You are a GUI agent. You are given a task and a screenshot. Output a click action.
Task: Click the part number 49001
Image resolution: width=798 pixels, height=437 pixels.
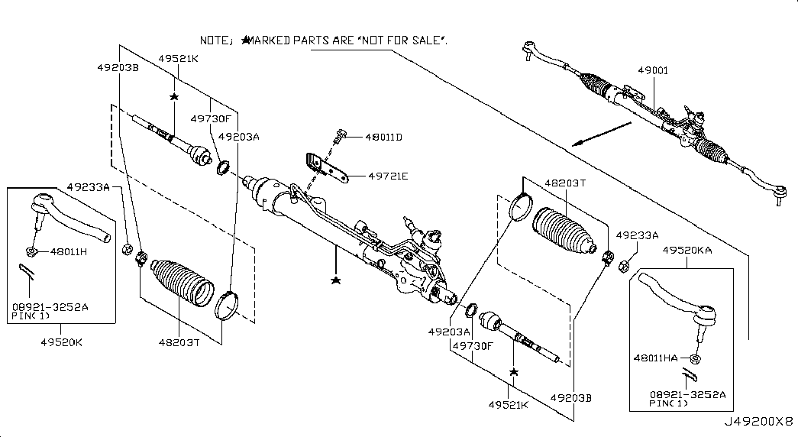[x=653, y=71]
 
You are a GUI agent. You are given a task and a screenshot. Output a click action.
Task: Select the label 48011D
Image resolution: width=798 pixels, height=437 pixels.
[x=383, y=138]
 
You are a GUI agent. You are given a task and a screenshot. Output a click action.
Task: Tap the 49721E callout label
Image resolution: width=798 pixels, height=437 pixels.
[x=388, y=176]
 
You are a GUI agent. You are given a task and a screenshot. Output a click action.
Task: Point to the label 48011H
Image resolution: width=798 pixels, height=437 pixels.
[x=69, y=251]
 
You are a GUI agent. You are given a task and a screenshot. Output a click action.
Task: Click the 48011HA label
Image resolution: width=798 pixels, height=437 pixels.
[x=655, y=358]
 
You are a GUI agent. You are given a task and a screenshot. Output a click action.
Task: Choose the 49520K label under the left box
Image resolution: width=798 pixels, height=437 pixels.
[x=62, y=342]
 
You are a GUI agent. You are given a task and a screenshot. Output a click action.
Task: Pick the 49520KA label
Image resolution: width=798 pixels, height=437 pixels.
[x=687, y=250]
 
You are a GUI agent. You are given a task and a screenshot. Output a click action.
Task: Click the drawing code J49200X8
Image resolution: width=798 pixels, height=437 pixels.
[x=759, y=422]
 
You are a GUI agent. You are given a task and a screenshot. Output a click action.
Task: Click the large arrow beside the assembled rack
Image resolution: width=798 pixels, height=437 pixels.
[x=601, y=134]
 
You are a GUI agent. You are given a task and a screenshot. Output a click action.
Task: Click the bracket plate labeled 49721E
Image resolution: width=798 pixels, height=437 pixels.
[x=327, y=167]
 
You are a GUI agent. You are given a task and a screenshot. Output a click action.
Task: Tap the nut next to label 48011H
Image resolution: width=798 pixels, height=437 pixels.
[x=31, y=251]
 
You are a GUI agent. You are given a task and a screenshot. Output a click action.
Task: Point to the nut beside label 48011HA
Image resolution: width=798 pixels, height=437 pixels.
[x=696, y=358]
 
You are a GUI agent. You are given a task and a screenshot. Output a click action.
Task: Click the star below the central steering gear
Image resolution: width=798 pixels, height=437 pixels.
[x=335, y=280]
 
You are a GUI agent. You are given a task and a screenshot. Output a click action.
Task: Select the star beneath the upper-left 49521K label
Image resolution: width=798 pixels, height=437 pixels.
[x=174, y=97]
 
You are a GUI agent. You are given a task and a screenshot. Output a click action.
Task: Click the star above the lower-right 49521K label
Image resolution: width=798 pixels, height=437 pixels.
[x=513, y=372]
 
